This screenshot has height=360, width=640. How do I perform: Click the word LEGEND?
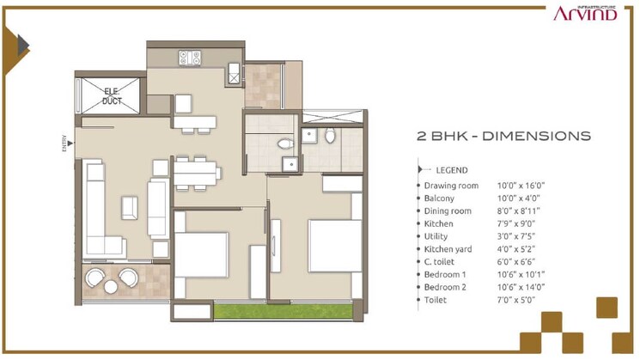[x=452, y=170]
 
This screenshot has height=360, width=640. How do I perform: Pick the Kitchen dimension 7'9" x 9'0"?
[x=518, y=223]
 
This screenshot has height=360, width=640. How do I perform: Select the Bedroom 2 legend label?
[x=447, y=287]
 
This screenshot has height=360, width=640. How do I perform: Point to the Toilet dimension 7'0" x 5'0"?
[x=518, y=300]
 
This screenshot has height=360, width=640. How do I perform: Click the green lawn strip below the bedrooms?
[x=283, y=311]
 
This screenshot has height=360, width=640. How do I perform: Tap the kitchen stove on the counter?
[x=190, y=58]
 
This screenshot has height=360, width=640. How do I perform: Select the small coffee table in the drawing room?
[x=130, y=207]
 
